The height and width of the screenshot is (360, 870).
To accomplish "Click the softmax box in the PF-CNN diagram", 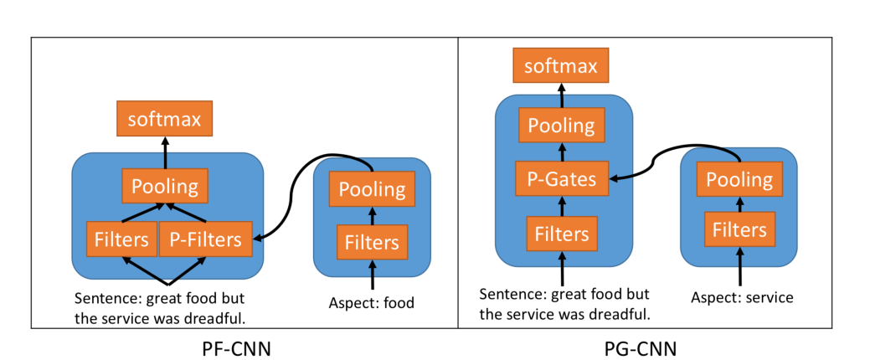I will point(165,119).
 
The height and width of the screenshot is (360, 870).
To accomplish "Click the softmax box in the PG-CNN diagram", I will point(560,66).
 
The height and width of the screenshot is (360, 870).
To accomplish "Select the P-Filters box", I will point(205,239).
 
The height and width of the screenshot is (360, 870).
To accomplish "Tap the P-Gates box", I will point(560,178).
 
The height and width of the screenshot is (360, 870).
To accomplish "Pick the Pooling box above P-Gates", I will point(560,126).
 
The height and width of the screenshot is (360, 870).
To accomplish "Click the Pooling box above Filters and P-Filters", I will point(165,186).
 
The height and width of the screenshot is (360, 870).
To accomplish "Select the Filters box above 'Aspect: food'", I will point(372,243).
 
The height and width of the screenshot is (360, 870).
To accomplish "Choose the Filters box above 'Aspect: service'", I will point(739,229).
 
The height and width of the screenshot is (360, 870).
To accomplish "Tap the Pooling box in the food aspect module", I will point(372,189).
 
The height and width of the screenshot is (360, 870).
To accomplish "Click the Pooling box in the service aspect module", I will point(739,179).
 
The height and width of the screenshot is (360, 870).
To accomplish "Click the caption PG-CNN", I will point(640,347).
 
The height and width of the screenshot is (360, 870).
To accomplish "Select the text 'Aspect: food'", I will point(372,303).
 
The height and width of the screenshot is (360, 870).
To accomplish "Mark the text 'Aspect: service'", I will point(742,296).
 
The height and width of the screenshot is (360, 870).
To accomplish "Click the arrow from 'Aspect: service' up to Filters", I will point(739,268).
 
